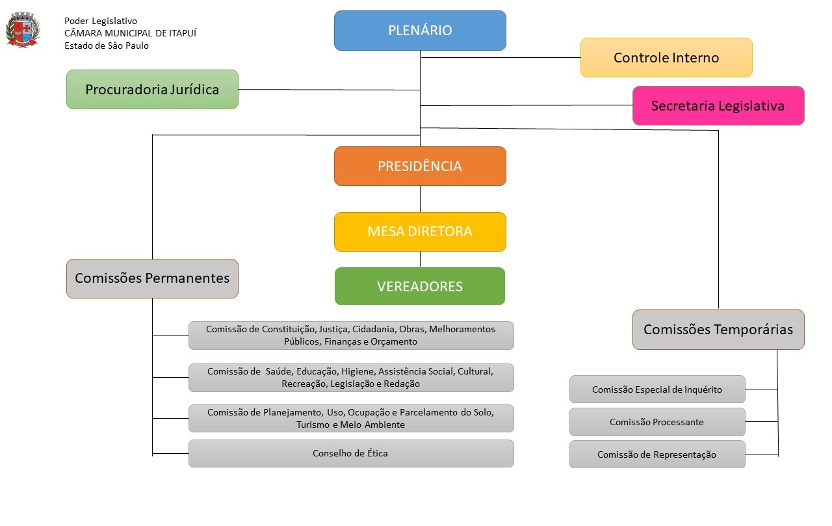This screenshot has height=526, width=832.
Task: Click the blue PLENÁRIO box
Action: click(420, 31)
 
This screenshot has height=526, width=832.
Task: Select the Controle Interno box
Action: click(666, 58)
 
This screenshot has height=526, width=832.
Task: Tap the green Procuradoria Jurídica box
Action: click(152, 90)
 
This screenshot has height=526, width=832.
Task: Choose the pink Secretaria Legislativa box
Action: click(718, 106)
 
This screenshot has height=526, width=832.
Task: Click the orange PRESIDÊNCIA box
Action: click(420, 166)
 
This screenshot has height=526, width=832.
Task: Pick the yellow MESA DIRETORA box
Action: click(420, 231)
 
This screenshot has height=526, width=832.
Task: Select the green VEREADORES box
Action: click(420, 286)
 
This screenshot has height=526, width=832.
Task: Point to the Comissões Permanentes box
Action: click(152, 279)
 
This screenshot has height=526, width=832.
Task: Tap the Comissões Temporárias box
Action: click(718, 330)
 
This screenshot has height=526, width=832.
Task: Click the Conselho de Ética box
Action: click(351, 453)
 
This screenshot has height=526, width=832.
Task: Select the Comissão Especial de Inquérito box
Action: click(657, 389)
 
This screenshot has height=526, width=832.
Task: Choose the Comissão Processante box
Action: click(657, 422)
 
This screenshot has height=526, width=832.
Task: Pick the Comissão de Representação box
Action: click(657, 454)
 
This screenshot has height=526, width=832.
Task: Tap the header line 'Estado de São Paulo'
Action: click(107, 46)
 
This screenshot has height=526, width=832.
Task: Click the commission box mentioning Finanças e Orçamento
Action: click(351, 335)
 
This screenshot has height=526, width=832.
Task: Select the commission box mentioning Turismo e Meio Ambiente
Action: click(351, 419)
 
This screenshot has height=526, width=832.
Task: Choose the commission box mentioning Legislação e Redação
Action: click(351, 378)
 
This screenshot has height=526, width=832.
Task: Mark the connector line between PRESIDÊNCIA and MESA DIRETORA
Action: click(420, 199)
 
